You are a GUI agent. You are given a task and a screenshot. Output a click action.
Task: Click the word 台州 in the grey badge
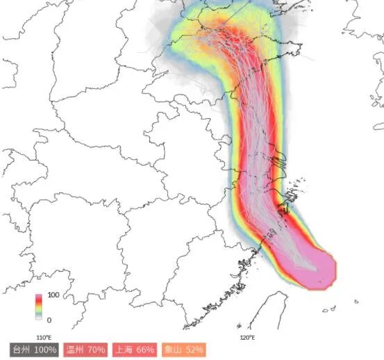[21, 349]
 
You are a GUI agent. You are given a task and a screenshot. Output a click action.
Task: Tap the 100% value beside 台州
[45, 349]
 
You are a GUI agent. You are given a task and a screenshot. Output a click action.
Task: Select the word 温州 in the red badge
[76, 349]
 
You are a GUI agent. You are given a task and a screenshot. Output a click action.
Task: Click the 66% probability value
[146, 349]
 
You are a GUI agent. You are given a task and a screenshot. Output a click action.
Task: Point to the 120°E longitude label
[247, 337]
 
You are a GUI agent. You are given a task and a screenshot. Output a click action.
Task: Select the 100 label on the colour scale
[53, 295]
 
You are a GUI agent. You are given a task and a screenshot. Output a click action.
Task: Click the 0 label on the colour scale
[49, 320]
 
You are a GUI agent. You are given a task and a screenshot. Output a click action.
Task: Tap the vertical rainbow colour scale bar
[39, 307]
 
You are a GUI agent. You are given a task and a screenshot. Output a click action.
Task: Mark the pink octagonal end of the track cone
[317, 268]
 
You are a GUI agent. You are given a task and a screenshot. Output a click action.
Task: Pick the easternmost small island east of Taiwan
[356, 302]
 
